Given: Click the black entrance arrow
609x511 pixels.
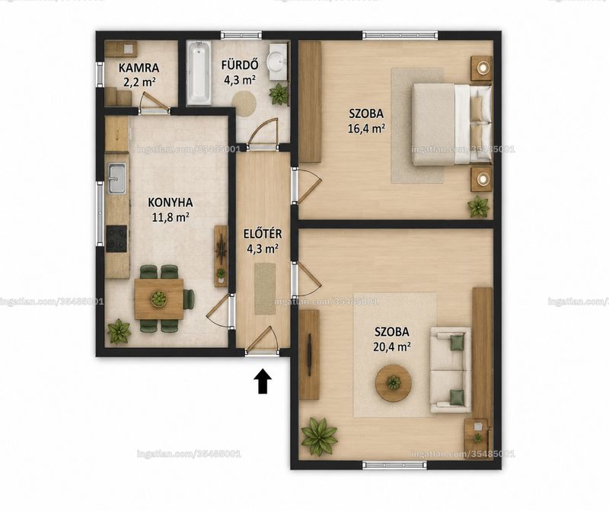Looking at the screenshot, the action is [263, 381].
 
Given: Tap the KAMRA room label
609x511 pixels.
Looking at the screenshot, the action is [139, 68].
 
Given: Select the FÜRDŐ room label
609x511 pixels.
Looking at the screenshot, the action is [239, 65].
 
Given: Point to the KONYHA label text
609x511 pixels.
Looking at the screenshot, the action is [171, 203].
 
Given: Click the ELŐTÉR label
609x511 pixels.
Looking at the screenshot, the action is [263, 234].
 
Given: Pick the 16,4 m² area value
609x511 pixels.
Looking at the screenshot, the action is [366, 128].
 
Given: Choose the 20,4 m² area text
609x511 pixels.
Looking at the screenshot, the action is [391, 347].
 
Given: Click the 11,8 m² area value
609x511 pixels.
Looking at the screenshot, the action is [171, 217].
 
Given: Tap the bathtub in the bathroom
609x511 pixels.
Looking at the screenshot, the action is [199, 73].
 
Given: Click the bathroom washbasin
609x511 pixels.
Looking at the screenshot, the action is [278, 62].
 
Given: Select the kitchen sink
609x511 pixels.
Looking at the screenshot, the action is [117, 178].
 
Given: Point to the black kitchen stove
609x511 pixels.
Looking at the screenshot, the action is [116, 239].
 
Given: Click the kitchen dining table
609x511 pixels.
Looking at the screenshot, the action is [159, 299].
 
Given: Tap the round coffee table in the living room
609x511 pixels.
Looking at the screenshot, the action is [394, 383].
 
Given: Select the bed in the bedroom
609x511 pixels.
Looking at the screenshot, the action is [451, 124].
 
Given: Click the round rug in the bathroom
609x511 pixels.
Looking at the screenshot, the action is [244, 104].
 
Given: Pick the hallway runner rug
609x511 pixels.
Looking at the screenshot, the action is [265, 289].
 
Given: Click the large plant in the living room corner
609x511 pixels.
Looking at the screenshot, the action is [319, 434].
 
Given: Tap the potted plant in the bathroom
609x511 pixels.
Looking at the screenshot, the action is [279, 94].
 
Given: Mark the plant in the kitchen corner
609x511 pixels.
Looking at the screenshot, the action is [119, 331].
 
